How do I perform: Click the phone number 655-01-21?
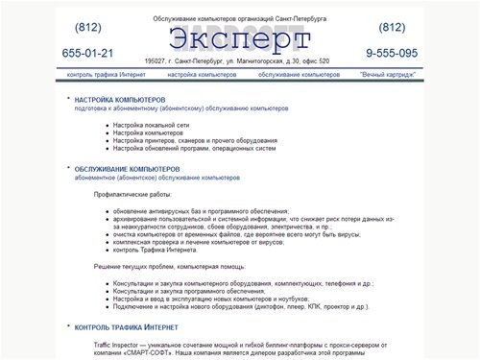pos(87,53)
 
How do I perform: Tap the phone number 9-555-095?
pos(392,53)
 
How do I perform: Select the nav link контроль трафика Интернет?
pos(105,74)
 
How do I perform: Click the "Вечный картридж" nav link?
pos(388,74)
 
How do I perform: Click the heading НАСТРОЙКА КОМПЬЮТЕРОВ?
pos(120,99)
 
